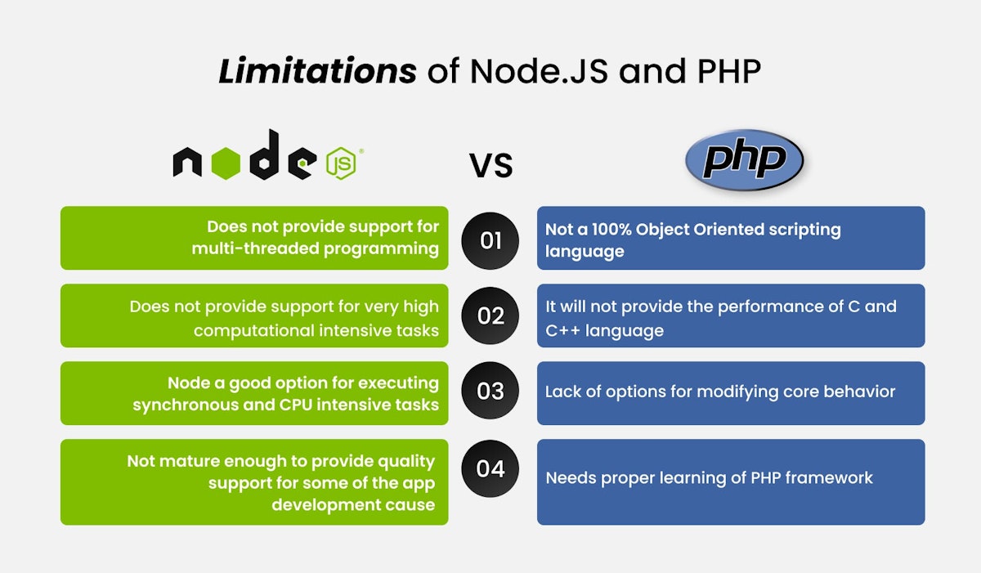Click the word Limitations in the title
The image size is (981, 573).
(x=317, y=72)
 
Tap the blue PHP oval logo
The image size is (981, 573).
(x=744, y=160)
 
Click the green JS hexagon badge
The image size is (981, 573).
(x=342, y=164)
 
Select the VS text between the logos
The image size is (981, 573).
(x=490, y=165)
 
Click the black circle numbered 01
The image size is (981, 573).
(x=490, y=240)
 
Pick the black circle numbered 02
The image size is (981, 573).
(x=490, y=316)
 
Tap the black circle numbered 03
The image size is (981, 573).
(x=490, y=391)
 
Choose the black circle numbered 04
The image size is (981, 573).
(x=490, y=469)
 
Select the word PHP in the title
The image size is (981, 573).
(x=728, y=72)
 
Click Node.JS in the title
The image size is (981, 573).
(x=540, y=72)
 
